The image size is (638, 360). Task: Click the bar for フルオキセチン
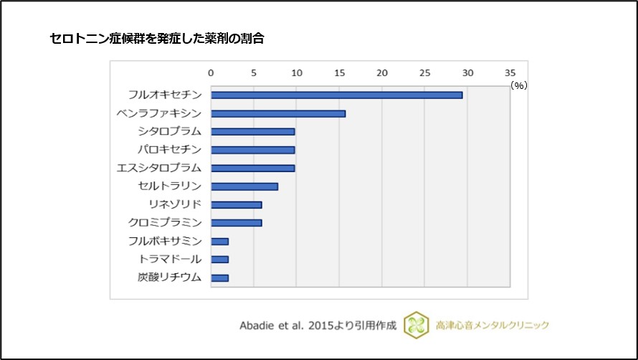tap(336, 95)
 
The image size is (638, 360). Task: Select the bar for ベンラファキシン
tap(278, 113)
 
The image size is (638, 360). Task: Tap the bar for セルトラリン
tap(244, 186)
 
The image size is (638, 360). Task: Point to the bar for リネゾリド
tap(237, 204)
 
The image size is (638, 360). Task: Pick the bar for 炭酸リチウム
tap(219, 278)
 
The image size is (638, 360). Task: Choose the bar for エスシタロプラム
tap(252, 168)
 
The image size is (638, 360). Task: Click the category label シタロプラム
tap(170, 131)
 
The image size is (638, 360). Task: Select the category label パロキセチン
tap(170, 149)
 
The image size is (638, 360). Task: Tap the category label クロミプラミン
tap(165, 222)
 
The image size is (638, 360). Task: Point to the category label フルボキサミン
tap(165, 241)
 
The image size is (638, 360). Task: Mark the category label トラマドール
tap(170, 259)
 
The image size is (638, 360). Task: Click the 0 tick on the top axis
tap(211, 73)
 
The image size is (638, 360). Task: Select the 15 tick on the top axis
tap(339, 73)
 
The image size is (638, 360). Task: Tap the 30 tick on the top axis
tap(467, 73)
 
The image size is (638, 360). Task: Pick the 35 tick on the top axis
tap(510, 73)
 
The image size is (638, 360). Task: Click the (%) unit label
tap(518, 85)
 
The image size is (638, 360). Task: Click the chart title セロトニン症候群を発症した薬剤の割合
tap(157, 39)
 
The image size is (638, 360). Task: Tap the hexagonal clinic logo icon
tap(416, 325)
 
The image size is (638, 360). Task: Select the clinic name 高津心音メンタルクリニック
tap(493, 325)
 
